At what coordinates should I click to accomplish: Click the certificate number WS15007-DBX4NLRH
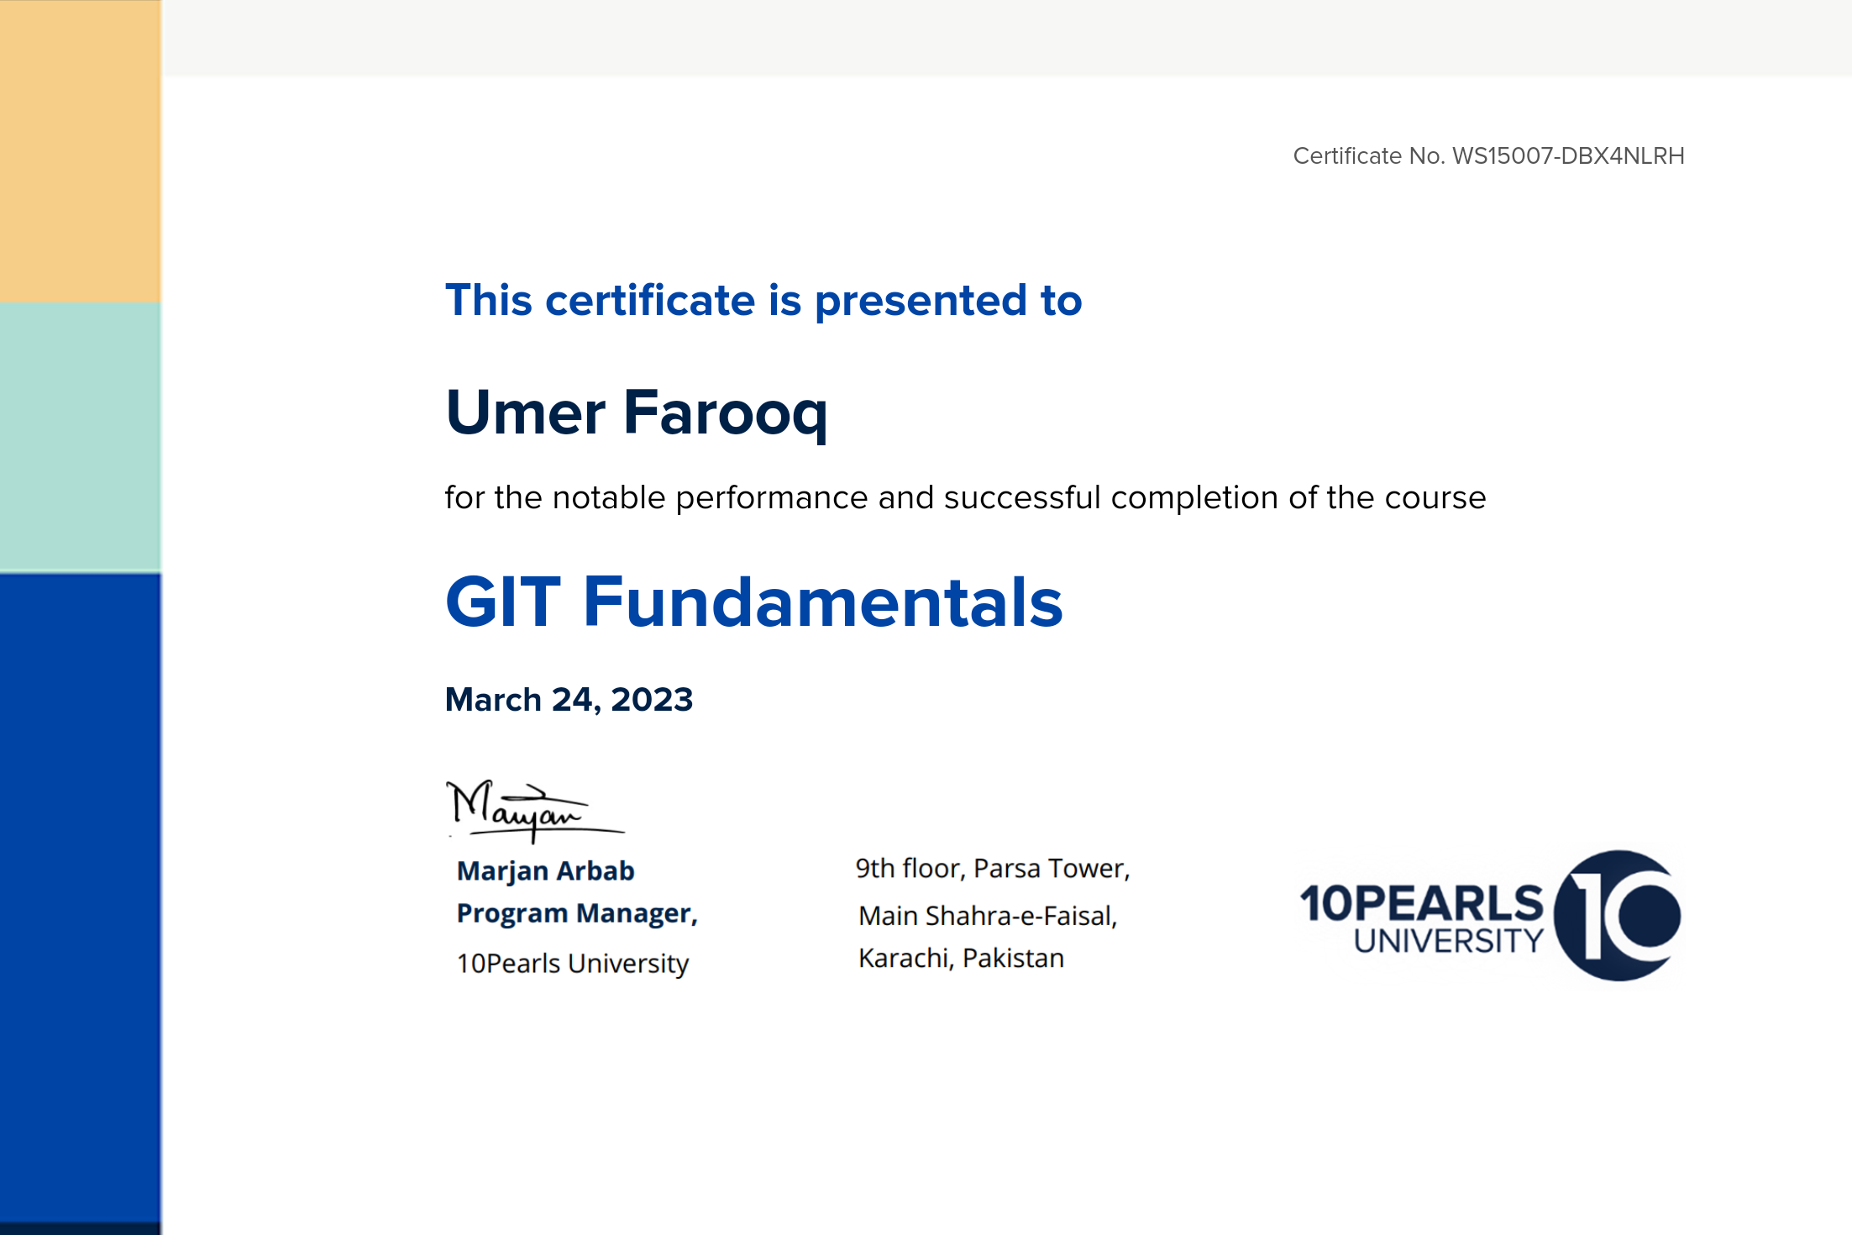tap(1568, 156)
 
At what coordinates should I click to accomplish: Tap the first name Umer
tap(526, 413)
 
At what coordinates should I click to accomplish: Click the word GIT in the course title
tap(503, 602)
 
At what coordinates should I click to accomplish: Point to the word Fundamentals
tap(823, 602)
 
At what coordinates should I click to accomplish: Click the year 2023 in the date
tap(652, 700)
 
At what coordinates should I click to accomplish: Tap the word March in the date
tap(493, 700)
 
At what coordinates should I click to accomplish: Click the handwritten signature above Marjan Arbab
tap(534, 810)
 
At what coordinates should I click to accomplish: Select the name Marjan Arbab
tap(546, 871)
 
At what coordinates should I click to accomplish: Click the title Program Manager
tap(577, 914)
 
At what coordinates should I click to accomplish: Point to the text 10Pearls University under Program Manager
tap(573, 964)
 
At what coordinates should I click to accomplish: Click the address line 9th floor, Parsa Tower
tap(993, 869)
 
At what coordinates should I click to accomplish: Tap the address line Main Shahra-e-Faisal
tap(988, 916)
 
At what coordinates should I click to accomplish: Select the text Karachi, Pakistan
tap(961, 959)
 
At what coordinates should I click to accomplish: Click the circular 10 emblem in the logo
tap(1617, 916)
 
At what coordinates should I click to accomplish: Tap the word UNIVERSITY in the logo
tap(1449, 941)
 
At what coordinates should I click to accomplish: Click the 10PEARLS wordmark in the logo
tap(1422, 903)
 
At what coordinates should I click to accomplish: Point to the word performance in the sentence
tap(772, 498)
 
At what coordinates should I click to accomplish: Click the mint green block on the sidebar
tap(81, 438)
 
